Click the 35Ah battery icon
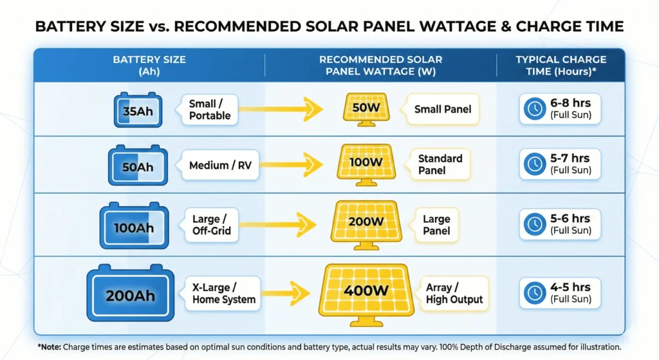[138, 109]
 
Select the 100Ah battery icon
[134, 227]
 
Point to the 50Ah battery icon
[138, 167]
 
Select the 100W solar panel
[366, 163]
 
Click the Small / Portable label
[210, 109]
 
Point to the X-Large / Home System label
[223, 293]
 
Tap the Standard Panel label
[440, 164]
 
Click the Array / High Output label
[453, 293]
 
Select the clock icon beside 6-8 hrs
[534, 109]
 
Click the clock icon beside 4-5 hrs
[534, 293]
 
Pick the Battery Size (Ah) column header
[149, 65]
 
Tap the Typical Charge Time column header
[561, 65]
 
